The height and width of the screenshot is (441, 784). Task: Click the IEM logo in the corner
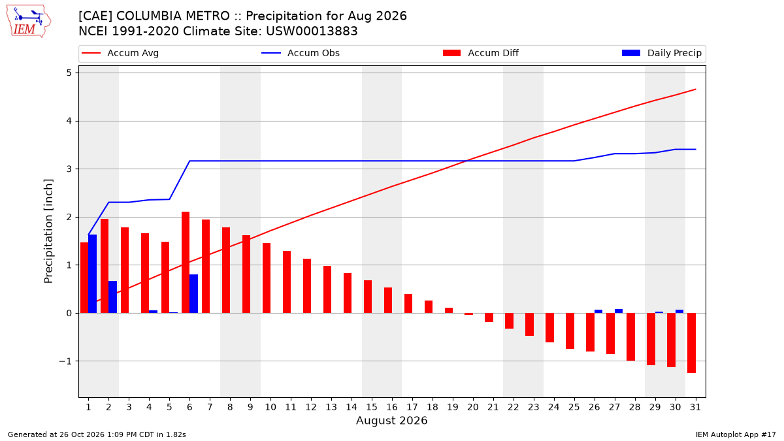point(29,22)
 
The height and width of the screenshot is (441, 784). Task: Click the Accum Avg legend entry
point(120,53)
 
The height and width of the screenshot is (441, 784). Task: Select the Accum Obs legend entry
point(301,53)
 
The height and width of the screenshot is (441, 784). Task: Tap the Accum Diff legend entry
point(481,53)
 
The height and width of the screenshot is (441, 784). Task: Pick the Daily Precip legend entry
point(661,53)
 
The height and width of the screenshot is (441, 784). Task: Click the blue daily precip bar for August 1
point(92,274)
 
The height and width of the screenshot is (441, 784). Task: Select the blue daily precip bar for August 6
point(193,293)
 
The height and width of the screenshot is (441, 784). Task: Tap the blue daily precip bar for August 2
point(112,297)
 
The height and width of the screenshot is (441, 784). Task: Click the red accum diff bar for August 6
point(186,263)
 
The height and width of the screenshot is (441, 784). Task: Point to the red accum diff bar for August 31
point(691,343)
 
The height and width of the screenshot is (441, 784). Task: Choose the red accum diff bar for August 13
point(327,289)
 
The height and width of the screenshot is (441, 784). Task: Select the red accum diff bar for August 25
point(570,331)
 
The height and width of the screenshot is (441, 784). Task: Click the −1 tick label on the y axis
point(65,361)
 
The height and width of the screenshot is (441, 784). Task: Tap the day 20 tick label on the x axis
point(473,408)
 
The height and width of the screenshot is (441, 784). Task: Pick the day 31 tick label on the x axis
point(695,408)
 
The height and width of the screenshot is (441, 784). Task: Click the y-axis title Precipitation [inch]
point(48,231)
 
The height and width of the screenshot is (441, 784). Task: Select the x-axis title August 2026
point(391,421)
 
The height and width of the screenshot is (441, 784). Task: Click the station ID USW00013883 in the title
point(312,31)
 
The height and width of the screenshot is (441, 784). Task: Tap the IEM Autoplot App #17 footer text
point(736,434)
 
